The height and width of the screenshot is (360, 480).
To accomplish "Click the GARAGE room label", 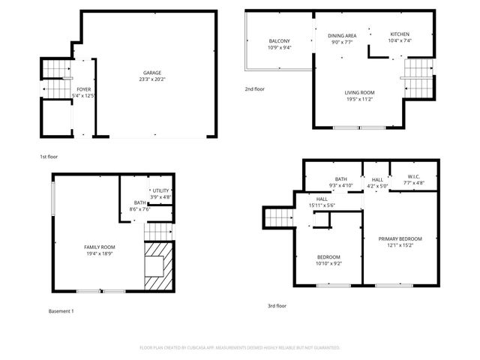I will click(x=152, y=73).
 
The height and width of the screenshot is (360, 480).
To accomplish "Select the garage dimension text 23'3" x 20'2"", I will click(x=152, y=79).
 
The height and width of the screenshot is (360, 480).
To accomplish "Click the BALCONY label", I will click(x=280, y=41).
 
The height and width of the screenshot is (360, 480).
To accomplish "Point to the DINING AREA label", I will click(x=342, y=36).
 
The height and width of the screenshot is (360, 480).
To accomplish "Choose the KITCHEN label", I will click(x=400, y=34).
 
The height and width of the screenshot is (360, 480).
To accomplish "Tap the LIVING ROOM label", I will click(x=359, y=93).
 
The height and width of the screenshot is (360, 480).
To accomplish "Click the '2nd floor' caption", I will click(x=254, y=89).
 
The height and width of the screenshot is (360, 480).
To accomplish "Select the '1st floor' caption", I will click(x=49, y=157).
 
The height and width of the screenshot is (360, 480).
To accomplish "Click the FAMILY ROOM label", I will click(x=99, y=247).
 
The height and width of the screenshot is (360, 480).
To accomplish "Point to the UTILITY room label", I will click(x=161, y=191).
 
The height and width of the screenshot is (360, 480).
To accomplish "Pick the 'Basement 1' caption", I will click(x=61, y=310).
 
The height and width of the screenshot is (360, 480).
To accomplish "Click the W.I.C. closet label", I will click(x=414, y=177).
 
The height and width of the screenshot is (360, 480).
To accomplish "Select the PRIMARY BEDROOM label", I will click(x=404, y=239).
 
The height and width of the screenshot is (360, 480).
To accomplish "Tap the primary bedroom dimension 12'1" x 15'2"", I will click(x=404, y=245).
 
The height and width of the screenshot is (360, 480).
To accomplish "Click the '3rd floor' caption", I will click(x=277, y=306).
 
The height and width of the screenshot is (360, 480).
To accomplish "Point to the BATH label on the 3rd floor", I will click(x=341, y=179).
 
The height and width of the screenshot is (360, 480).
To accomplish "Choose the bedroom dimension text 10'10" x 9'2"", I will click(x=328, y=263).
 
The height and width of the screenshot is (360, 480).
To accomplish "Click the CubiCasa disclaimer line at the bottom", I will click(x=240, y=348).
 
